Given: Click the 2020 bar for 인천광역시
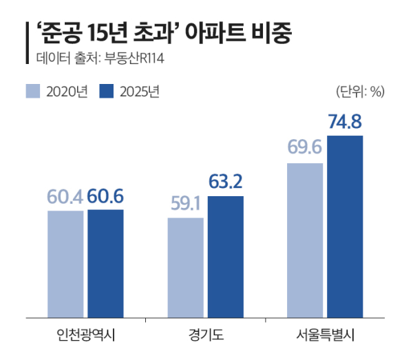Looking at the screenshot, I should pyautogui.click(x=65, y=264).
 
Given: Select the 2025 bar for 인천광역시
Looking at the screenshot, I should pyautogui.click(x=105, y=264).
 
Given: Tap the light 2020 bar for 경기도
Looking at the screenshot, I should pyautogui.click(x=186, y=268).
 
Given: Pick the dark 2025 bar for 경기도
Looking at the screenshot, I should pyautogui.click(x=225, y=257).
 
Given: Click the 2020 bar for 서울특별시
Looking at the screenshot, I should pyautogui.click(x=305, y=241).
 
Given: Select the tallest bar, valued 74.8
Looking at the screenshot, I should pyautogui.click(x=345, y=227).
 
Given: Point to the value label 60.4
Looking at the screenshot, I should pyautogui.click(x=65, y=197).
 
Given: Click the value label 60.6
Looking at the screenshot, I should pyautogui.click(x=105, y=197).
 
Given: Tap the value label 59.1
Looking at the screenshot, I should pyautogui.click(x=186, y=204).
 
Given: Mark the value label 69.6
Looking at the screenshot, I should pyautogui.click(x=305, y=149).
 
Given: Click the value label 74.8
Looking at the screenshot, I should pyautogui.click(x=345, y=123).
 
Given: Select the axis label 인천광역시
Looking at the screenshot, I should pyautogui.click(x=85, y=336).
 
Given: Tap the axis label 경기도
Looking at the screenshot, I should pyautogui.click(x=205, y=336).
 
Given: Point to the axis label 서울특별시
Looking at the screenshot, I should pyautogui.click(x=325, y=336).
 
